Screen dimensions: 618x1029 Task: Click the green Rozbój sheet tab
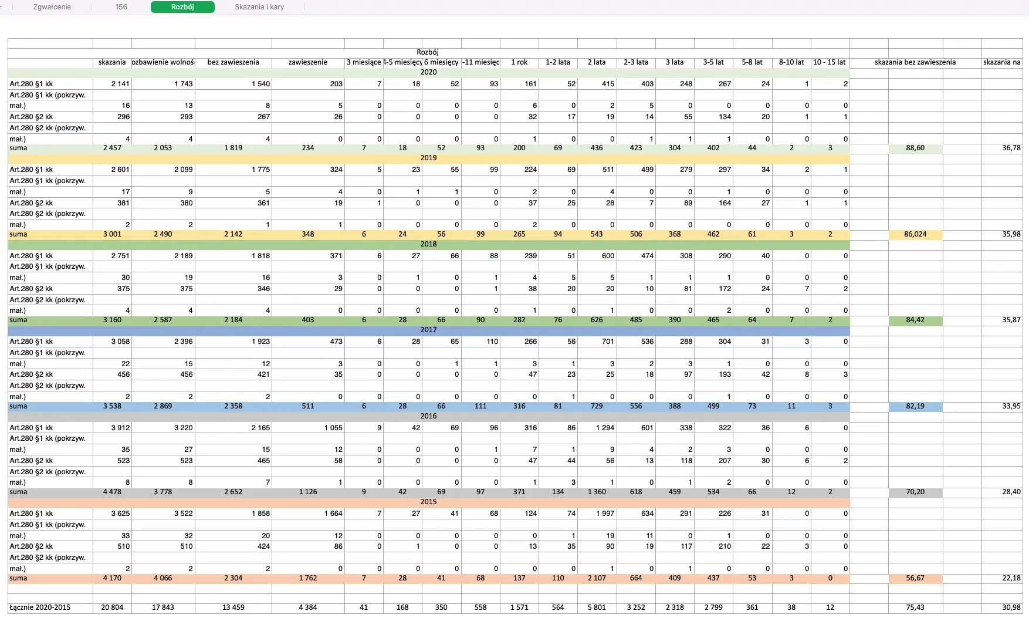pyautogui.click(x=182, y=7)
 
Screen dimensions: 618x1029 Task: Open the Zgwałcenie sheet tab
pyautogui.click(x=52, y=7)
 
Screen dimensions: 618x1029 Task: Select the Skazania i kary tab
pyautogui.click(x=259, y=7)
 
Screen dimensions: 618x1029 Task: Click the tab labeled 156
pyautogui.click(x=121, y=7)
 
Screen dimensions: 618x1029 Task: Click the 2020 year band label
pyautogui.click(x=428, y=72)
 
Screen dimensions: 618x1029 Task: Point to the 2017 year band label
pyautogui.click(x=428, y=330)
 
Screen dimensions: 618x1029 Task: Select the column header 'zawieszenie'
pyautogui.click(x=308, y=62)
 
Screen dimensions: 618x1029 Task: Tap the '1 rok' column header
pyautogui.click(x=519, y=62)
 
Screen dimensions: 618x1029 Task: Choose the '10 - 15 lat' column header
pyautogui.click(x=829, y=62)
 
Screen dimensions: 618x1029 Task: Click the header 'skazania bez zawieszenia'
pyautogui.click(x=915, y=62)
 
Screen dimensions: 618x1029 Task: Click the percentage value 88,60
pyautogui.click(x=915, y=148)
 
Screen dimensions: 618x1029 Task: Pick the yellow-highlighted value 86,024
pyautogui.click(x=915, y=234)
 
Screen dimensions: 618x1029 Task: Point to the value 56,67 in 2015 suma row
pyautogui.click(x=915, y=578)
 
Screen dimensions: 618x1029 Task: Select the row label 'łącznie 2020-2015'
pyautogui.click(x=40, y=607)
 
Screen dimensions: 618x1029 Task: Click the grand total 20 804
pyautogui.click(x=112, y=607)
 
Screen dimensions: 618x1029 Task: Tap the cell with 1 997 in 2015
pyautogui.click(x=605, y=514)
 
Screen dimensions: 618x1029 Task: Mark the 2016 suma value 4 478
pyautogui.click(x=112, y=492)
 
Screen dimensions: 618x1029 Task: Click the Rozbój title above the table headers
pyautogui.click(x=428, y=52)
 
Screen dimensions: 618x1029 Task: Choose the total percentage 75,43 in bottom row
pyautogui.click(x=915, y=607)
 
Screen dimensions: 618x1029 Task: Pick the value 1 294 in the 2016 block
pyautogui.click(x=605, y=428)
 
